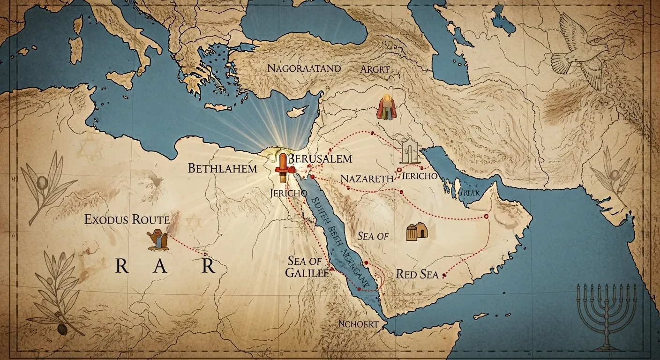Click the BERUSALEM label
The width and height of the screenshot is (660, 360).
coord(320,158)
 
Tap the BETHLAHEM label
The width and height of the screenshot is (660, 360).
coord(222,168)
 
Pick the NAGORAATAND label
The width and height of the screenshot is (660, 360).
coord(304,68)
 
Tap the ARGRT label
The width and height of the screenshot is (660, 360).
coord(375,68)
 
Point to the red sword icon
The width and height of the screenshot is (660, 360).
coord(283,166)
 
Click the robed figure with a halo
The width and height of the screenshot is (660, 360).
coord(386,108)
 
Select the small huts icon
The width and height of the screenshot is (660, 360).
coord(417,232)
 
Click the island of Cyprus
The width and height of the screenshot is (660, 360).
coord(294,112)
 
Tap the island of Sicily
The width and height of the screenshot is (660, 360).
coord(126,79)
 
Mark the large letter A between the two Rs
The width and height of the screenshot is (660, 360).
coord(159,266)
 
